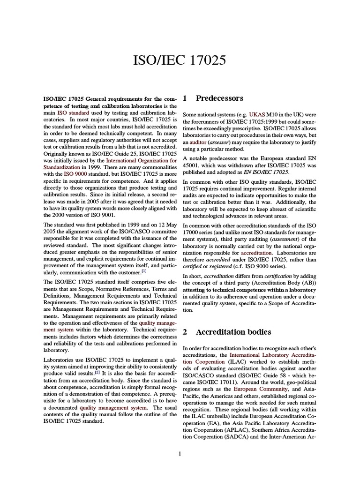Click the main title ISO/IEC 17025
pos(180,60)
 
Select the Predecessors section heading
pos(219,98)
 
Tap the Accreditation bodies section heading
pos(233,332)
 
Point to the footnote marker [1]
pos(144,271)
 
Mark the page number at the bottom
pos(180,453)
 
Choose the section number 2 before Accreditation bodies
pos(185,332)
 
